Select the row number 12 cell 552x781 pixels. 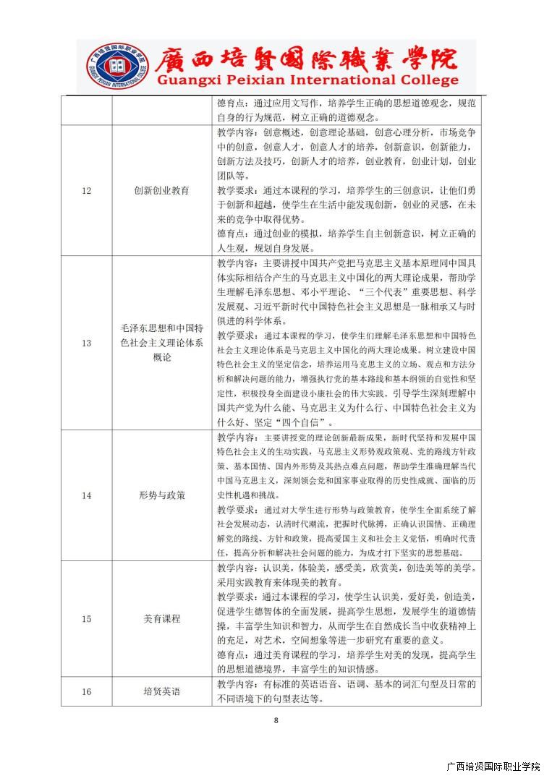[x=86, y=190]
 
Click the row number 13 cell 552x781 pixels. [x=86, y=343]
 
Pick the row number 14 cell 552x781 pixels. [x=86, y=495]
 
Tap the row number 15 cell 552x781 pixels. [x=86, y=618]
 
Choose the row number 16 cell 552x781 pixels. [x=86, y=691]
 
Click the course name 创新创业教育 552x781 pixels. [x=161, y=190]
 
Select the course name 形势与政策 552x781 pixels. [x=161, y=495]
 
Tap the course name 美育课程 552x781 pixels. [x=161, y=618]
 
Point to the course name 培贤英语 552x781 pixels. [x=161, y=691]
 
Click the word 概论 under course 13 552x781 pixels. [x=161, y=357]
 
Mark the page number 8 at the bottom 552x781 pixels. [x=276, y=720]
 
